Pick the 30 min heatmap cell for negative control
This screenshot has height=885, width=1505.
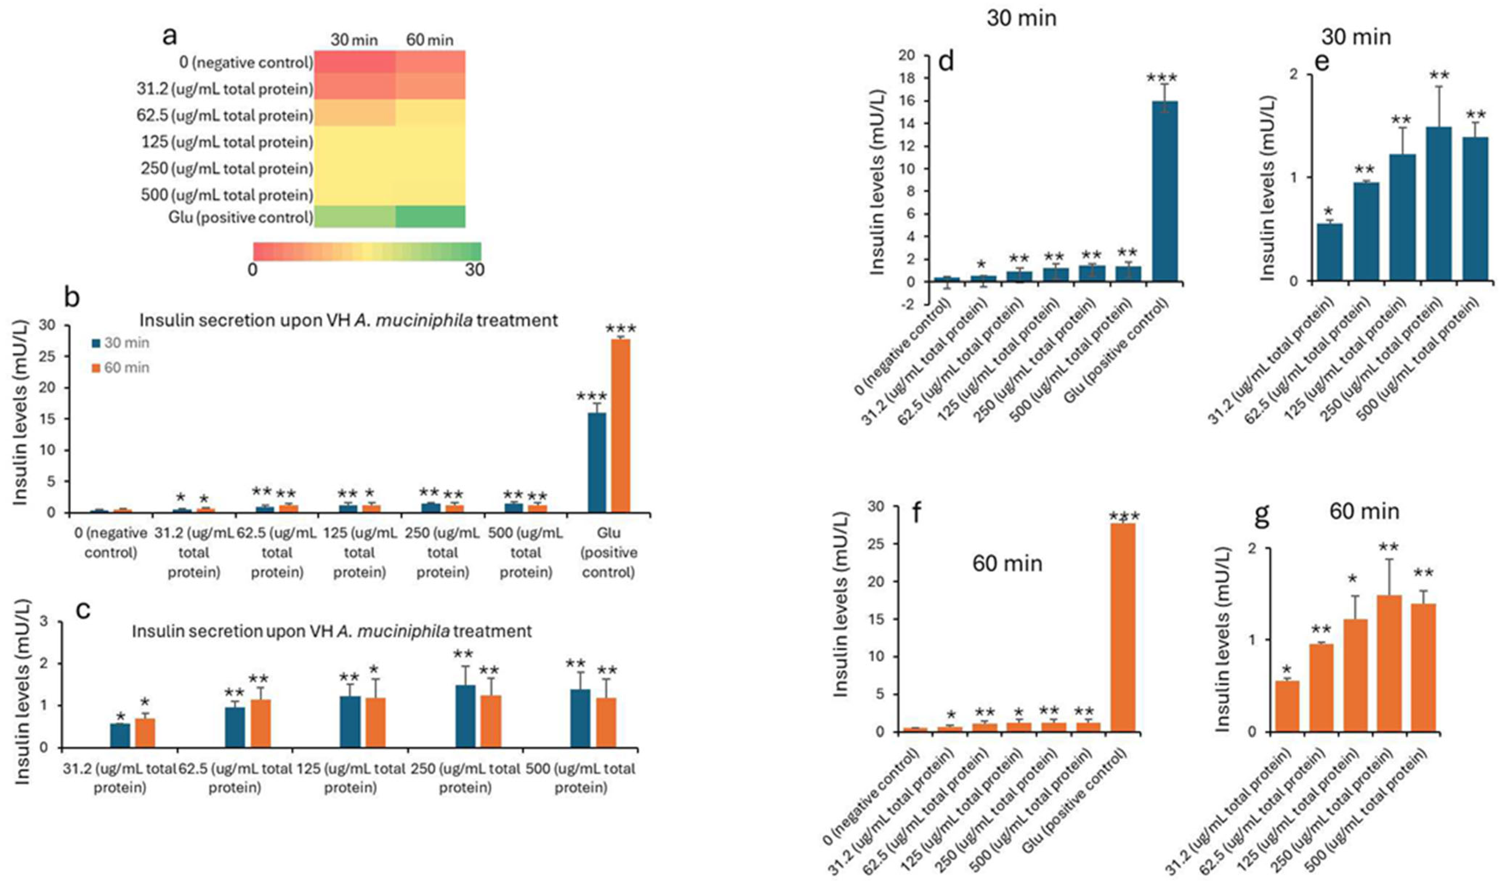click(x=355, y=62)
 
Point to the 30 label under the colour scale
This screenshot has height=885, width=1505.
click(x=475, y=270)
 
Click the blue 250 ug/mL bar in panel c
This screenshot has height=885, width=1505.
click(x=465, y=716)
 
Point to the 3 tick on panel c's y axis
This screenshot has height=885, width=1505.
click(x=48, y=622)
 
